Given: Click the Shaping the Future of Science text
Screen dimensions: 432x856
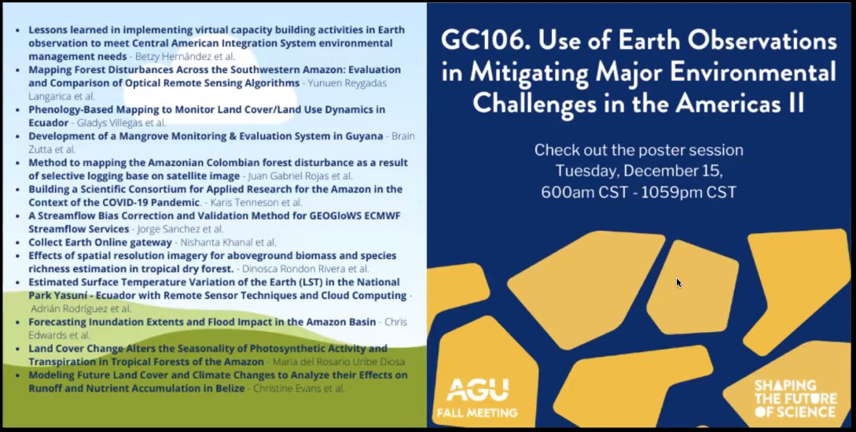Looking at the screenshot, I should coord(794,398).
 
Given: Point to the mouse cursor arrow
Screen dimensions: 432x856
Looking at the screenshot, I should coord(679,282).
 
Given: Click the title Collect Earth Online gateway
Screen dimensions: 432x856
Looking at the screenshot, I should coord(100,242).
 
